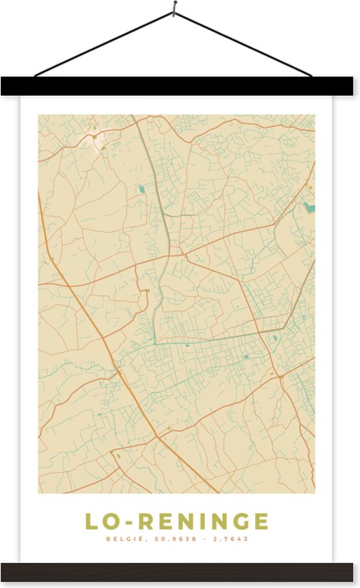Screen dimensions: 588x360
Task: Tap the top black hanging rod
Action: (x=180, y=86)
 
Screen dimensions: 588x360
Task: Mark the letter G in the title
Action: (x=237, y=522)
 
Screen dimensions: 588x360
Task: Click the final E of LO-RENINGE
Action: (x=261, y=522)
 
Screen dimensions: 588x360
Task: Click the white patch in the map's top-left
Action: (x=93, y=139)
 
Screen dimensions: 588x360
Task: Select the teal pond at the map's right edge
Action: (x=309, y=207)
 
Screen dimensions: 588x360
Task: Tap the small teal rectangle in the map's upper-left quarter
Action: (x=141, y=189)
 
